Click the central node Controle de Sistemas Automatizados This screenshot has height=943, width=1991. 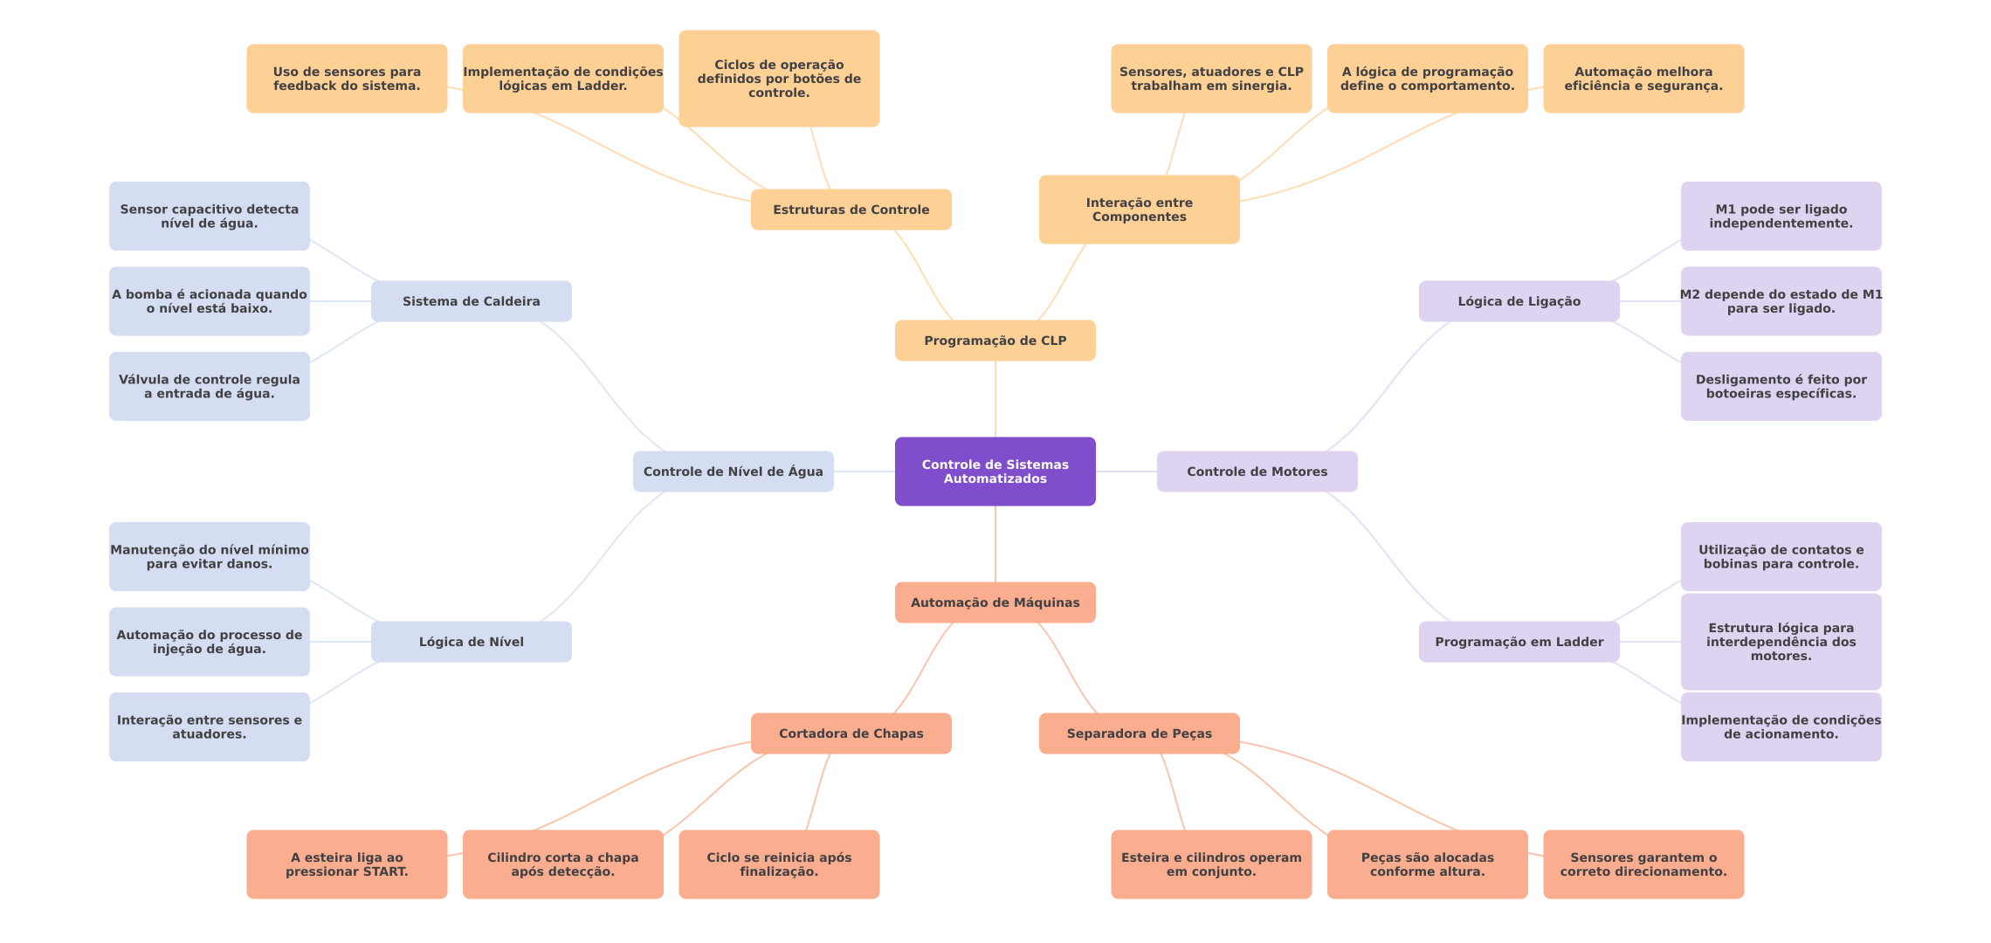[x=995, y=471]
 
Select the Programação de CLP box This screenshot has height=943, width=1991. [x=995, y=341]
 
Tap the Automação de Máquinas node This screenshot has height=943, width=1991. [x=995, y=602]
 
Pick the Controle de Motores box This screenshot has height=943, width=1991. [x=1257, y=471]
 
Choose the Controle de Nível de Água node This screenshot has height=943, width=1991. [x=733, y=471]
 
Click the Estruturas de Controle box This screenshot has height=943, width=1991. [x=851, y=210]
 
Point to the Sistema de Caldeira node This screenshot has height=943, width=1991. [x=471, y=301]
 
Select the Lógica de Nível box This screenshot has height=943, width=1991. [x=471, y=642]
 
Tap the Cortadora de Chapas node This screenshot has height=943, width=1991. [x=851, y=733]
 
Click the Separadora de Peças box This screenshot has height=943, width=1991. [x=1139, y=733]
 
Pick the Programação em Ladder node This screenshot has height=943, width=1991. [x=1519, y=642]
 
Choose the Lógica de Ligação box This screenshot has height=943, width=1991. [x=1519, y=301]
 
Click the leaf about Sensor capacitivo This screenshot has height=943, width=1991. [x=209, y=217]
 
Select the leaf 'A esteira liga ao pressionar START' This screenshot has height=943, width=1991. [x=347, y=864]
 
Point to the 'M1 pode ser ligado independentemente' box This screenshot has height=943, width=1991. [x=1781, y=217]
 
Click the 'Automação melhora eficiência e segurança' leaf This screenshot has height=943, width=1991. [x=1643, y=79]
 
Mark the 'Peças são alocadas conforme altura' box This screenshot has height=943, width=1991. [x=1427, y=864]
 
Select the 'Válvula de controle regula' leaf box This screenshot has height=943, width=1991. [x=209, y=387]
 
